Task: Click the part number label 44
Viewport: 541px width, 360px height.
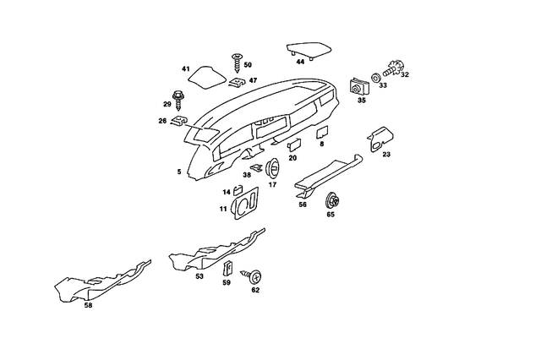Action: click(300, 62)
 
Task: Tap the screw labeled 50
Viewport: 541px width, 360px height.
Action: click(236, 62)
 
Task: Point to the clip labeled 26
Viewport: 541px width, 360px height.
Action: click(179, 121)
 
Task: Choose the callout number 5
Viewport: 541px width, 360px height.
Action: click(178, 172)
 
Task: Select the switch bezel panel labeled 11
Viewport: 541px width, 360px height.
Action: click(244, 205)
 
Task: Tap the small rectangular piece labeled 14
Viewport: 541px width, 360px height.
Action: click(238, 192)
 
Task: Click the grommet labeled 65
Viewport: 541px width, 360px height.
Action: click(331, 201)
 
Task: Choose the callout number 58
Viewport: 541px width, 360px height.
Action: click(87, 306)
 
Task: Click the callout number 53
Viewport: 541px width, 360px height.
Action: click(199, 276)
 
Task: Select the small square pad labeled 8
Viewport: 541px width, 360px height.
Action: click(322, 132)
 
